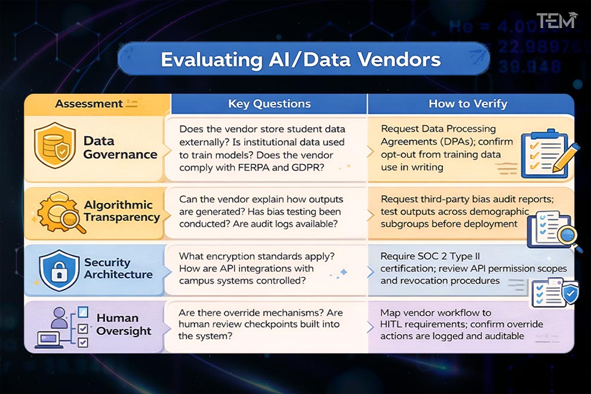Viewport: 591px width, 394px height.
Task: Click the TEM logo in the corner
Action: coord(556,20)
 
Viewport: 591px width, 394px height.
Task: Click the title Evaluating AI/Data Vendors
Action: coord(301,60)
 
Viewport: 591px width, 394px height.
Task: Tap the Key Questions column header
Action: coord(269,104)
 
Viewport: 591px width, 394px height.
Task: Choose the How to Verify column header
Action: coord(467,104)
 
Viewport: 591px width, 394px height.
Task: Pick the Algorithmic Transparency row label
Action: coord(122,211)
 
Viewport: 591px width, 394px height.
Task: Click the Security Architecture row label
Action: coord(118,269)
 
